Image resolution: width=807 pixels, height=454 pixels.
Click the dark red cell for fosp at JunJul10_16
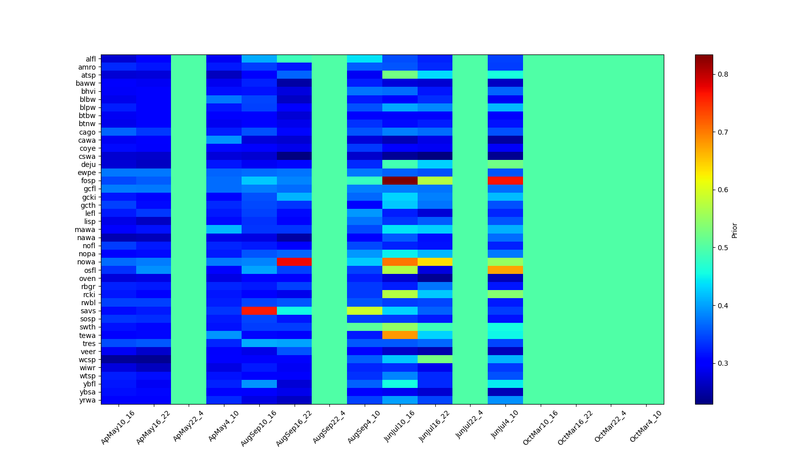pyautogui.click(x=400, y=181)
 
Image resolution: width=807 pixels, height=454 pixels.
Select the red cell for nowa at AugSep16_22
pyautogui.click(x=294, y=262)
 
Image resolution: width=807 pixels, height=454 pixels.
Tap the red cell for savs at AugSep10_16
pyautogui.click(x=259, y=311)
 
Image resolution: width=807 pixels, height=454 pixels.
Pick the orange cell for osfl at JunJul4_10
pyautogui.click(x=505, y=270)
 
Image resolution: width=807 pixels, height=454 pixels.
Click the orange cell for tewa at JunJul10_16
pyautogui.click(x=400, y=335)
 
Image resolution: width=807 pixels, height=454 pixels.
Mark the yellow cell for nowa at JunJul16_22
pyautogui.click(x=435, y=262)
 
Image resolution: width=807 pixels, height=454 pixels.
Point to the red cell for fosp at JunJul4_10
pyautogui.click(x=505, y=181)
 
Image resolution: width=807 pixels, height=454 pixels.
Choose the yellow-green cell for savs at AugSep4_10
pyautogui.click(x=365, y=311)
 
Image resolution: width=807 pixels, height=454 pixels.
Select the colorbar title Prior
pyautogui.click(x=734, y=230)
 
